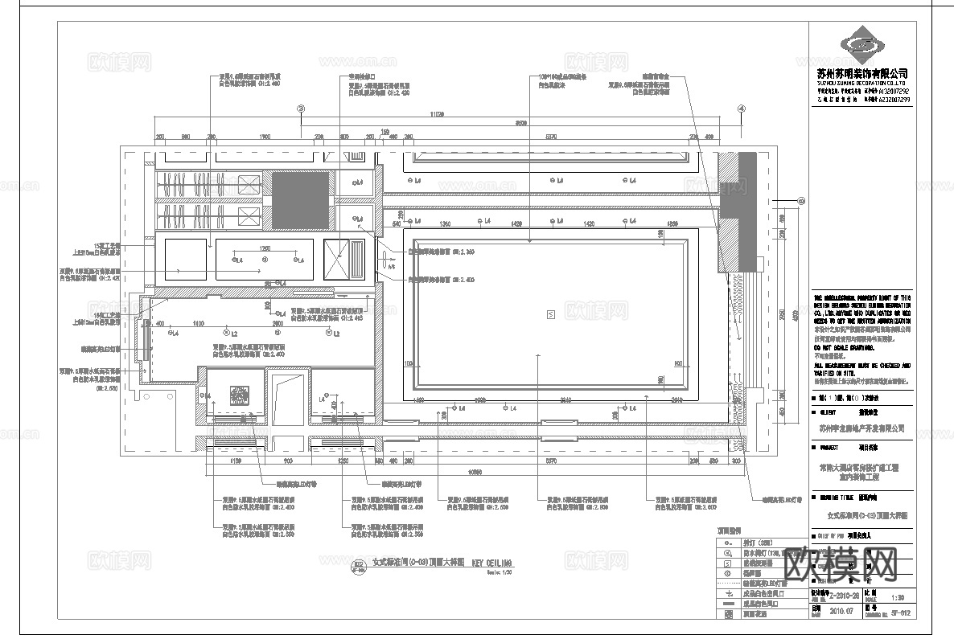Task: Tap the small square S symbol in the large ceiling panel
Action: tap(550, 314)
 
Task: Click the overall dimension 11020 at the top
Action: tap(438, 113)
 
